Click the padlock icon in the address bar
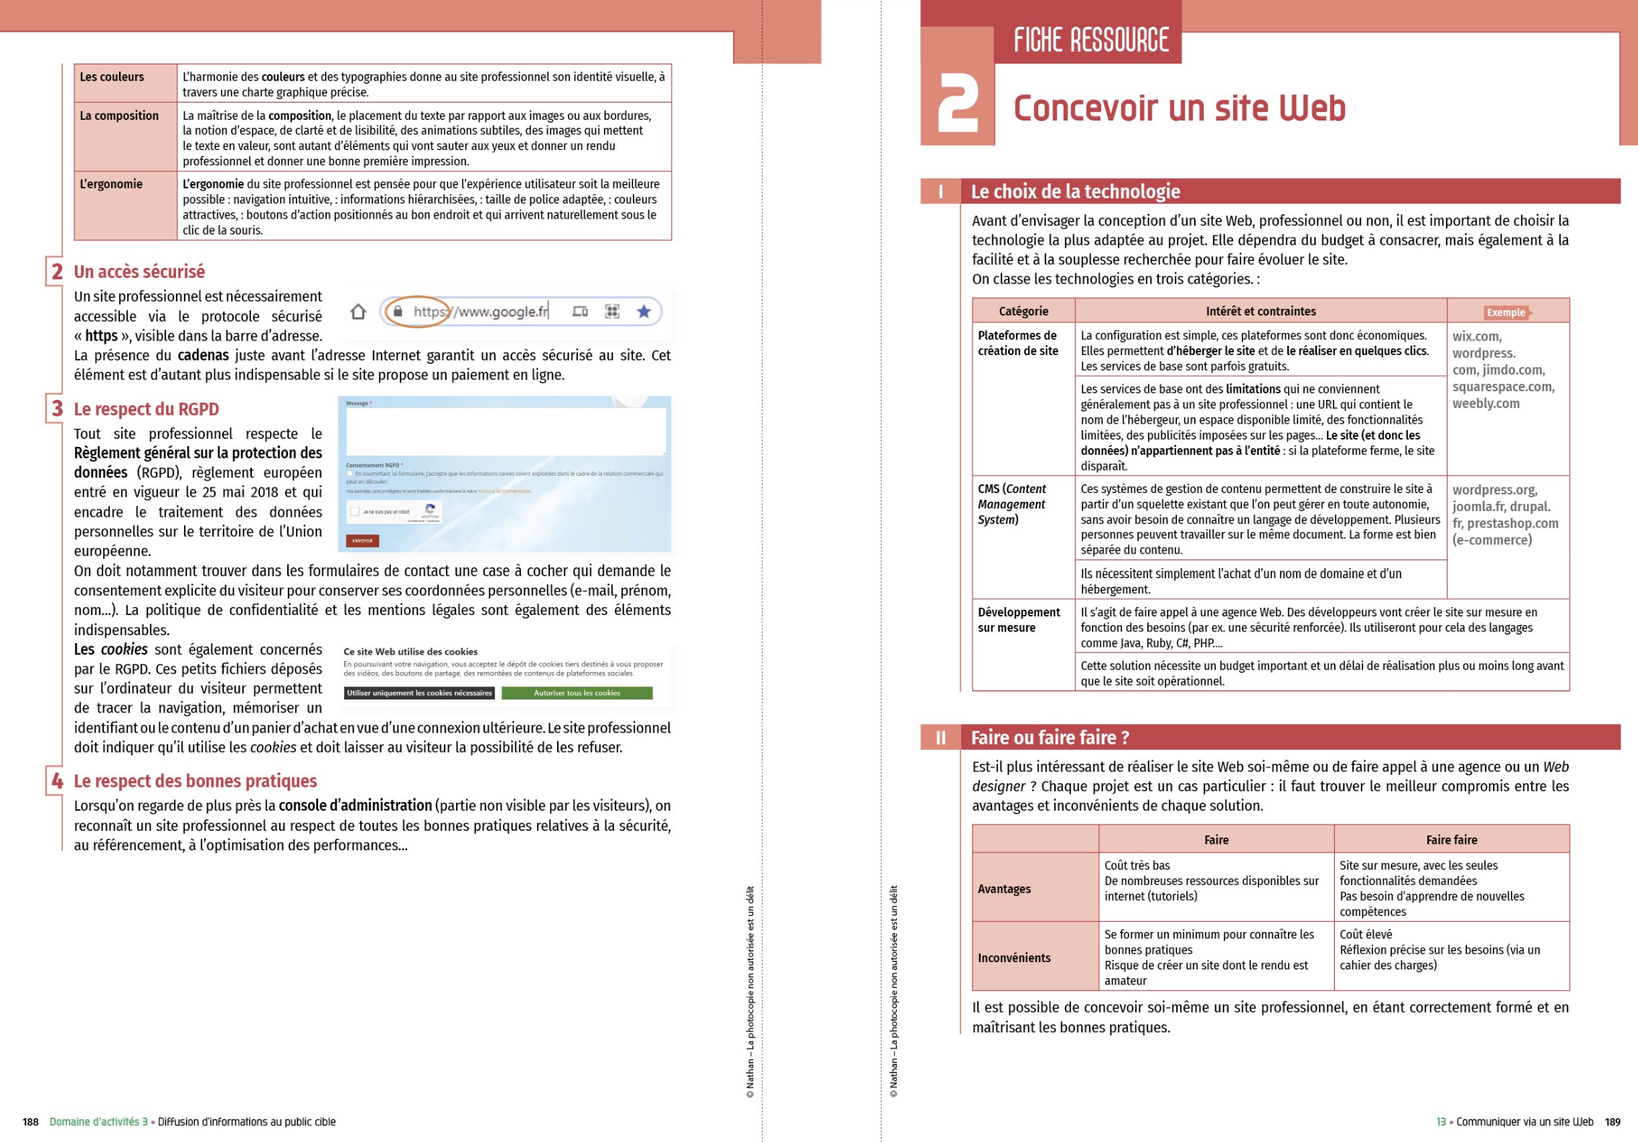(x=398, y=311)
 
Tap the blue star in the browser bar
(x=644, y=311)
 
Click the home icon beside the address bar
(x=358, y=312)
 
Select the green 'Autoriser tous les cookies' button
(x=577, y=693)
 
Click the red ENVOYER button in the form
(x=362, y=541)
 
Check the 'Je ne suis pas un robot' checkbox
(x=354, y=512)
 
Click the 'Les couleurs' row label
(x=112, y=77)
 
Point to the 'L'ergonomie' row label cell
(x=112, y=184)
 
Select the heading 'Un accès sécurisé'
(x=139, y=272)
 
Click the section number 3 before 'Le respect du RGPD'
(x=57, y=409)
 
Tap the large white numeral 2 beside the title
(x=957, y=105)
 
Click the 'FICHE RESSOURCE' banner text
(x=1090, y=40)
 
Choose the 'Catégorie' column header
(x=1023, y=311)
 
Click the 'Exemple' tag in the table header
(x=1505, y=313)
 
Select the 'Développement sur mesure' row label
(x=1018, y=620)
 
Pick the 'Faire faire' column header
(x=1451, y=840)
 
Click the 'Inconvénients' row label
(x=1014, y=958)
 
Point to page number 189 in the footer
(x=1612, y=1122)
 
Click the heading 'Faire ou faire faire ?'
(x=1050, y=738)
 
